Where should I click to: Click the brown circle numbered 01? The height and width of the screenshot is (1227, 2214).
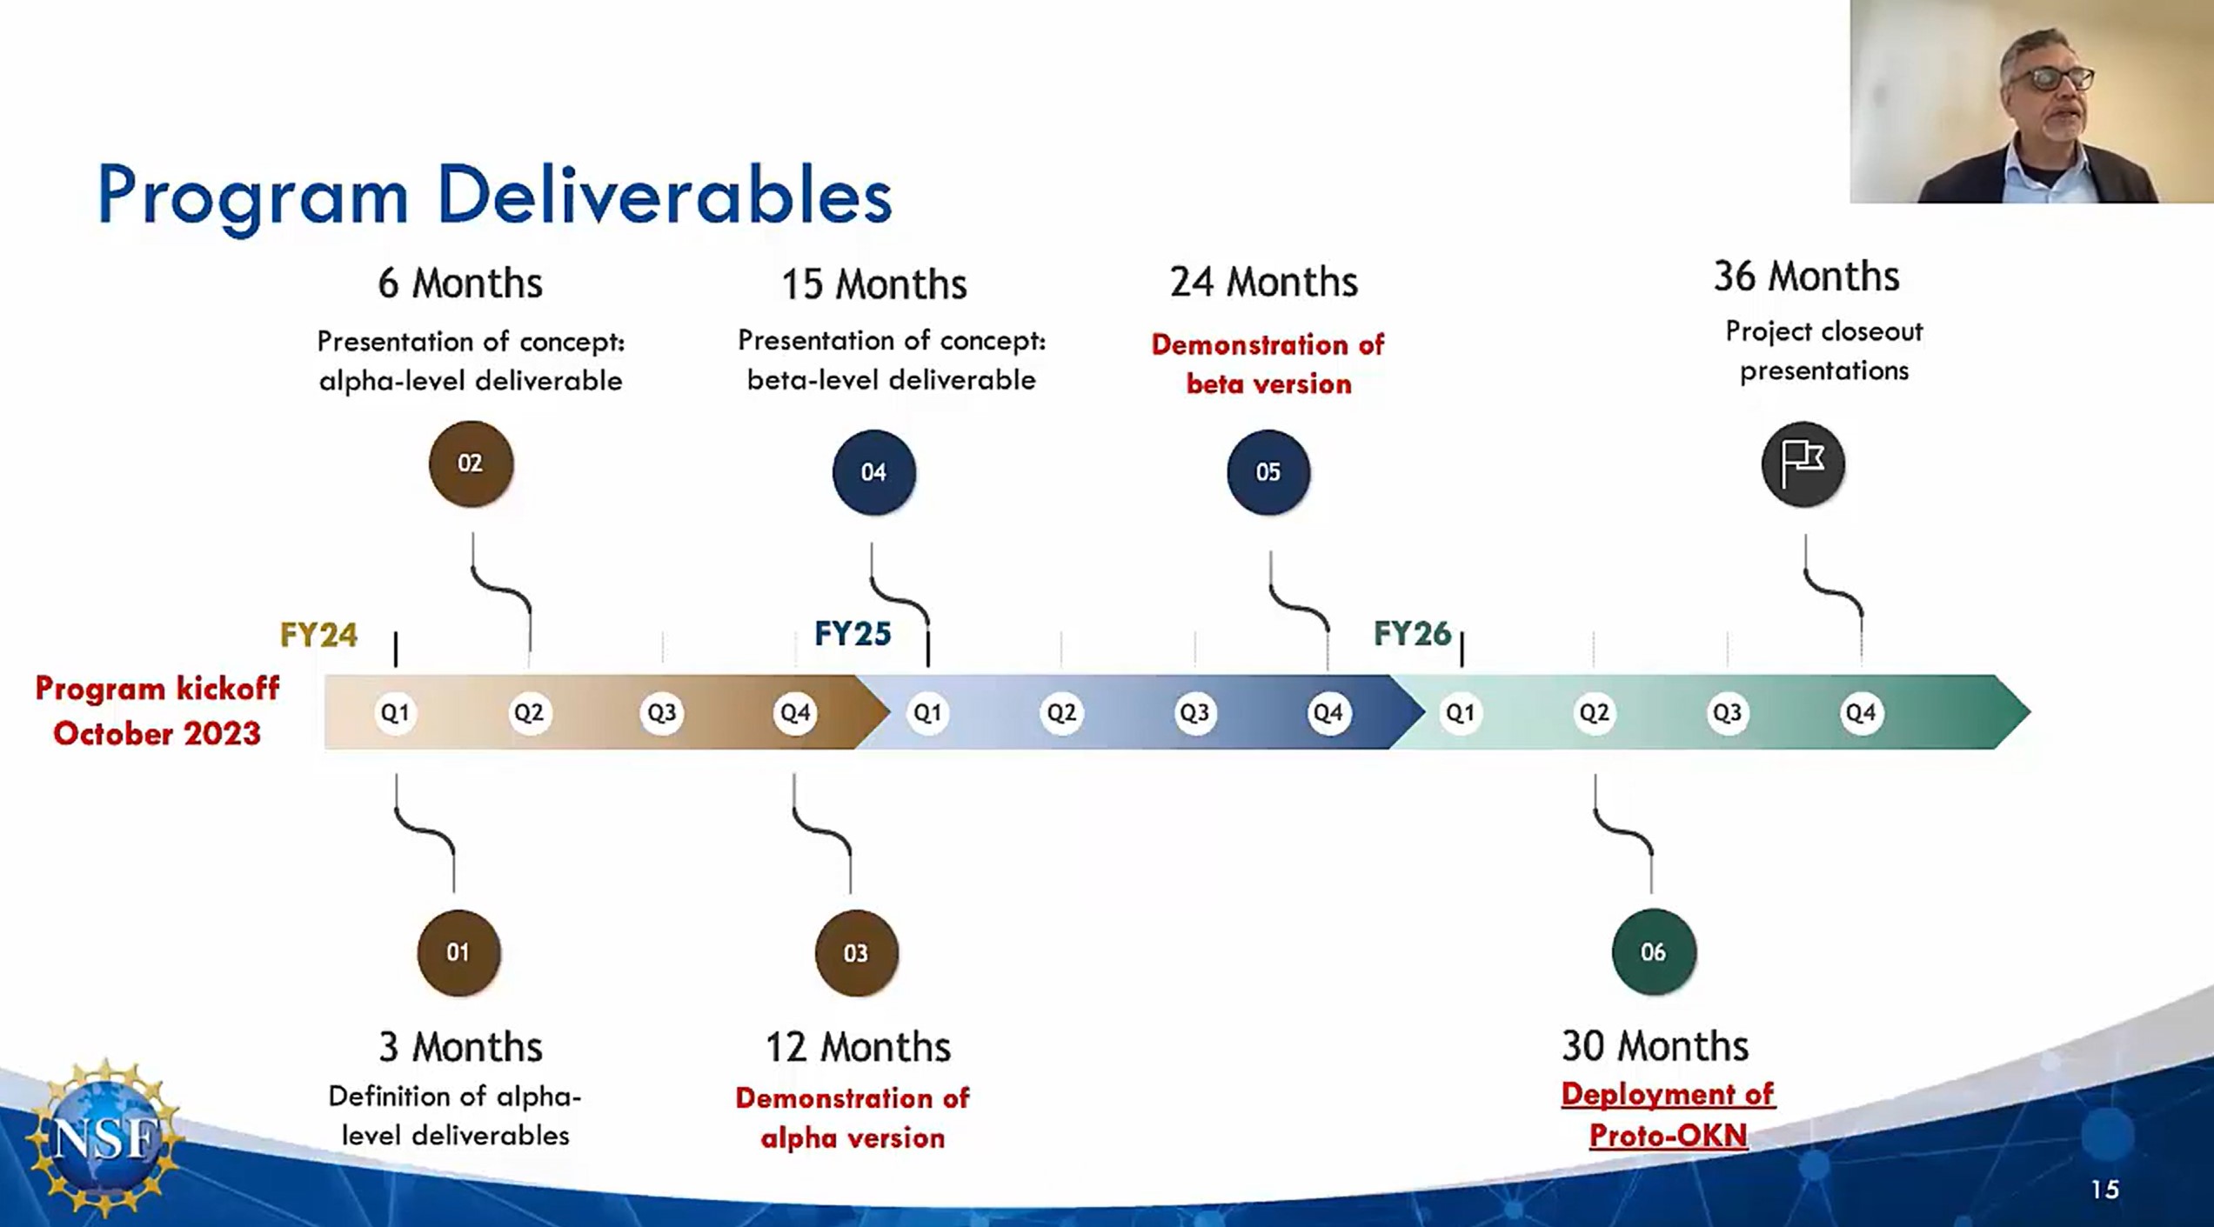click(x=458, y=952)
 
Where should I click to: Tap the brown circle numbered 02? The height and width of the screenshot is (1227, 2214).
click(x=471, y=463)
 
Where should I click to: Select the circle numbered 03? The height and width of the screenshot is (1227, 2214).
click(x=856, y=953)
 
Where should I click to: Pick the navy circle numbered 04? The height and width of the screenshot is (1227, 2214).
click(x=873, y=472)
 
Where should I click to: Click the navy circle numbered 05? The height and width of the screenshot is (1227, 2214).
click(x=1268, y=472)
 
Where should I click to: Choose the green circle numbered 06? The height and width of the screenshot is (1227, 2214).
click(x=1653, y=952)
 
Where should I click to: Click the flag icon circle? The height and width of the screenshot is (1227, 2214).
click(x=1803, y=464)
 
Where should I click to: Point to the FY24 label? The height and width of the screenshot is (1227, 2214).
click(x=318, y=635)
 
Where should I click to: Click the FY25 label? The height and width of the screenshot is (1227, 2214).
click(x=853, y=634)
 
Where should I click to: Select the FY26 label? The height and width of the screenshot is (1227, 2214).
click(x=1412, y=633)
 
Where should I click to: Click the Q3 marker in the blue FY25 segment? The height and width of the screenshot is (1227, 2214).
click(x=1194, y=713)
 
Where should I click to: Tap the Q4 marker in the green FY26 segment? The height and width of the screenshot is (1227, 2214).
click(x=1861, y=713)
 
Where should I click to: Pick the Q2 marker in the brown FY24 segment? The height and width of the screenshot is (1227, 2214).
click(x=528, y=713)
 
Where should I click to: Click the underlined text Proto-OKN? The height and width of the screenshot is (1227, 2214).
click(x=1668, y=1136)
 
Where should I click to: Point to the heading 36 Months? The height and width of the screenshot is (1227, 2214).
click(x=1806, y=277)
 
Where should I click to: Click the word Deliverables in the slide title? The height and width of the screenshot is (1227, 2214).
click(x=665, y=195)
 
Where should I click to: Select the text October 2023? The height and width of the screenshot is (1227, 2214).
click(x=157, y=734)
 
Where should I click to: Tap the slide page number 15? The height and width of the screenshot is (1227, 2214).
click(x=2105, y=1190)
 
